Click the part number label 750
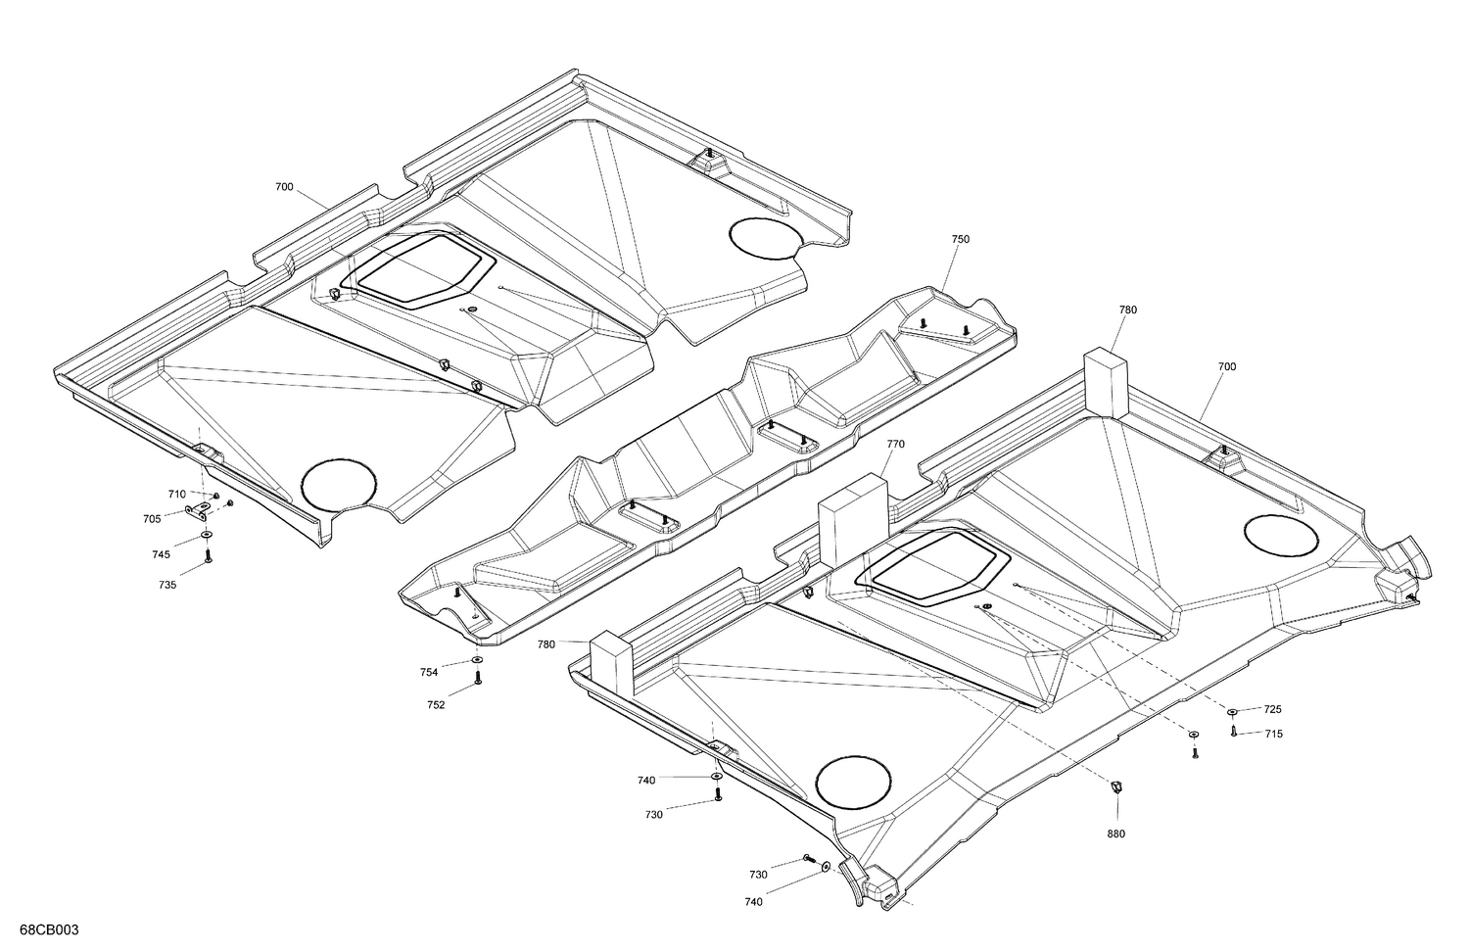960,239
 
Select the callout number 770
895,444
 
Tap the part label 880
1115,833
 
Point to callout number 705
152,519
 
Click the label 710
176,495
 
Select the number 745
161,554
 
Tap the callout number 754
429,672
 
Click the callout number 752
436,704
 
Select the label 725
1272,709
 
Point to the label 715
1273,734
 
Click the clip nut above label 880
1114,785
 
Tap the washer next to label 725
1233,710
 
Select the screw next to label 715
1233,730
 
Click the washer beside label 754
477,663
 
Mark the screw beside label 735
208,556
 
